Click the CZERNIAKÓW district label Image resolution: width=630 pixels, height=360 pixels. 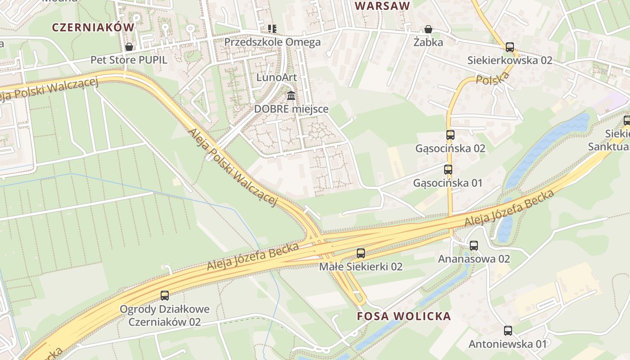click(93, 27)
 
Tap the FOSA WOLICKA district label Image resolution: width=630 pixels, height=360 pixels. click(404, 316)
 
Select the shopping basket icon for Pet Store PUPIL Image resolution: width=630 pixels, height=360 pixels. click(129, 47)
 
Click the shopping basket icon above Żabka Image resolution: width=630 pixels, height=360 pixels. click(429, 29)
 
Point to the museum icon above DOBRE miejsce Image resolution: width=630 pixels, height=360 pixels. click(291, 96)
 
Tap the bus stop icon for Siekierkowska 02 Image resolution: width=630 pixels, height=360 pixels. click(509, 47)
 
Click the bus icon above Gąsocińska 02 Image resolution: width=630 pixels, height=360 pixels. click(450, 135)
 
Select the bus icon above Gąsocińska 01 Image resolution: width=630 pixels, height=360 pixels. click(448, 170)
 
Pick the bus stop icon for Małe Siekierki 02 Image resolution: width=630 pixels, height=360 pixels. click(360, 253)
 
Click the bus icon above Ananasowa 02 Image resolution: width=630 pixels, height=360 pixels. click(473, 246)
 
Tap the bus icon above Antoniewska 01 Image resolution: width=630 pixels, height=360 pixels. click(508, 331)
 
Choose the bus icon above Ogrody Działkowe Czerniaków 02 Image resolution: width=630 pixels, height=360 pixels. click(165, 296)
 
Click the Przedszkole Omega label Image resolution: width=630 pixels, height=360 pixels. click(272, 42)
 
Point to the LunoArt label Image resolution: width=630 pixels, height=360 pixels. click(276, 77)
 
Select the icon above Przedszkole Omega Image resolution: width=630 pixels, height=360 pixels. click(272, 29)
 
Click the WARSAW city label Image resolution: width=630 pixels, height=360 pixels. click(382, 6)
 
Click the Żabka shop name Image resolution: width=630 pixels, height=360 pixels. click(428, 42)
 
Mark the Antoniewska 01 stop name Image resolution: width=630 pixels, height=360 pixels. click(508, 344)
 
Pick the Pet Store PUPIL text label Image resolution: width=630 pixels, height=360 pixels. click(129, 60)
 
